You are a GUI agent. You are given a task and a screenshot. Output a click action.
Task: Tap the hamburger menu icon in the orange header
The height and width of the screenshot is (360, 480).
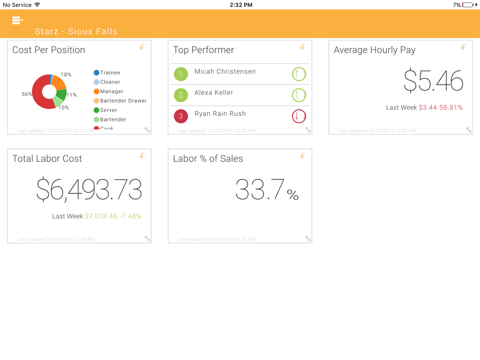coord(17,20)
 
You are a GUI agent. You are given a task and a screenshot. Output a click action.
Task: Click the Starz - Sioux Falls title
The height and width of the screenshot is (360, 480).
coord(76,32)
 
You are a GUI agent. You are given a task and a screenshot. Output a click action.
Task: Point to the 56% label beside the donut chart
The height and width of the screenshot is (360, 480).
coord(27,95)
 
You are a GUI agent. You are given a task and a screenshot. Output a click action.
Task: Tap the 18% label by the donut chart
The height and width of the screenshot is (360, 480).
coord(66,75)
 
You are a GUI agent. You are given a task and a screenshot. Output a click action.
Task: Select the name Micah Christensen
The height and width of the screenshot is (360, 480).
coord(225,72)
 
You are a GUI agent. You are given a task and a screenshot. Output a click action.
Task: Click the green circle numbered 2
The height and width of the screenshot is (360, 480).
coord(180,95)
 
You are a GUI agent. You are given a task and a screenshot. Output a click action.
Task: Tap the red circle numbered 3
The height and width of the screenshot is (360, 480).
coord(180,116)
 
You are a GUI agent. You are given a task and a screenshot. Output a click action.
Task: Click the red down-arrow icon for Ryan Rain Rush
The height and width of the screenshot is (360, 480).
coord(299,116)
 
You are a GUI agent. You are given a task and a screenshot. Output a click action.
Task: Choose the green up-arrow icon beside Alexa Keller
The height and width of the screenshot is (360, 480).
coord(299,95)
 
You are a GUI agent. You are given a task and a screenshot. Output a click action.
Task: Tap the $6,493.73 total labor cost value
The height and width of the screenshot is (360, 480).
coord(89,189)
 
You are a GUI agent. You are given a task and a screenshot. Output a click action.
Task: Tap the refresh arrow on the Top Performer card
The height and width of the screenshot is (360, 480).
coord(303,47)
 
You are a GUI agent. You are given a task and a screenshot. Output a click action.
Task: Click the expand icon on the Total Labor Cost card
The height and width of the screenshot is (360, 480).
coord(147,239)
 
